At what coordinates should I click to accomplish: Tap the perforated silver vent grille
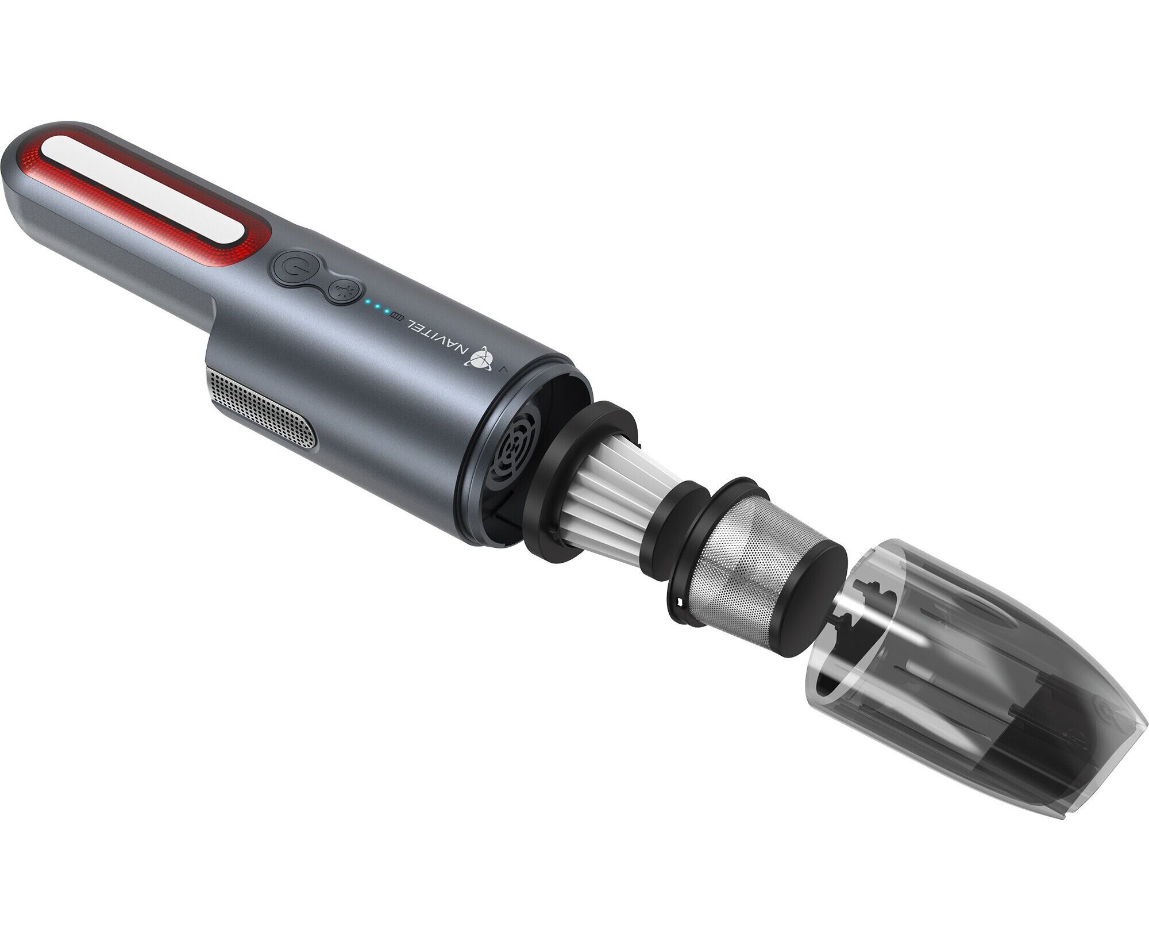(261, 410)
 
